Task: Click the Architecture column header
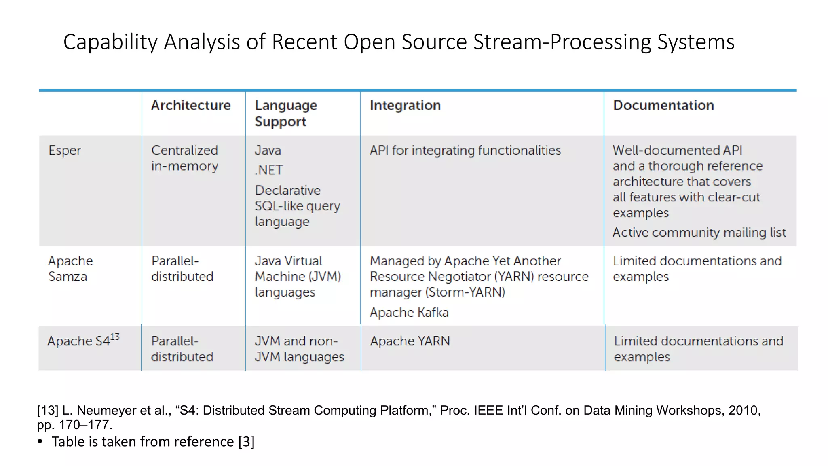pyautogui.click(x=191, y=105)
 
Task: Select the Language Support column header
pyautogui.click(x=285, y=113)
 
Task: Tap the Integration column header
pyautogui.click(x=405, y=105)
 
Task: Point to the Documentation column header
pyautogui.click(x=663, y=105)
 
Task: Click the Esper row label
pyautogui.click(x=65, y=150)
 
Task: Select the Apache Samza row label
pyautogui.click(x=70, y=269)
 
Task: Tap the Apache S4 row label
pyautogui.click(x=78, y=341)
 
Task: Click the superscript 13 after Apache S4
pyautogui.click(x=115, y=337)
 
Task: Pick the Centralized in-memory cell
pyautogui.click(x=184, y=158)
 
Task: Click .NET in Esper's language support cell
pyautogui.click(x=269, y=170)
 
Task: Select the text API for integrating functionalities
pyautogui.click(x=465, y=150)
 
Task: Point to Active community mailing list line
pyautogui.click(x=699, y=233)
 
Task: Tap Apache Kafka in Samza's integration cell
pyautogui.click(x=409, y=313)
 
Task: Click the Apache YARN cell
pyautogui.click(x=410, y=341)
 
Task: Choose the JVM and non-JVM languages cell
pyautogui.click(x=299, y=349)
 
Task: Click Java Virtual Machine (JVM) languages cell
pyautogui.click(x=298, y=276)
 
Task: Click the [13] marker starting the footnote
pyautogui.click(x=48, y=410)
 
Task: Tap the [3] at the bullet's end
pyautogui.click(x=246, y=442)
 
